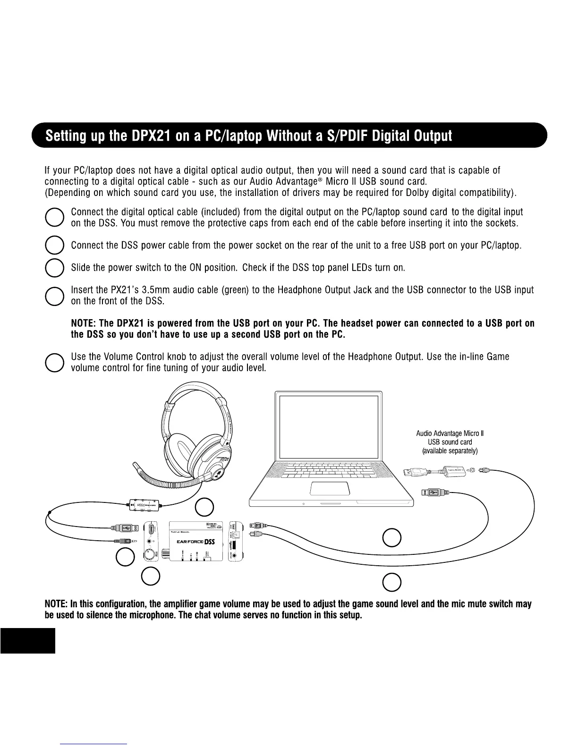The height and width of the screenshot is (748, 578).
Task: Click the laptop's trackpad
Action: coord(330,489)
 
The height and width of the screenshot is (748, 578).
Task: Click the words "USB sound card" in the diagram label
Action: coord(450,442)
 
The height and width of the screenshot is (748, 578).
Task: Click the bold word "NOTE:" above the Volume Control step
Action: coord(84,323)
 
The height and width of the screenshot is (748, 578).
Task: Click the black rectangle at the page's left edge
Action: coord(27,640)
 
